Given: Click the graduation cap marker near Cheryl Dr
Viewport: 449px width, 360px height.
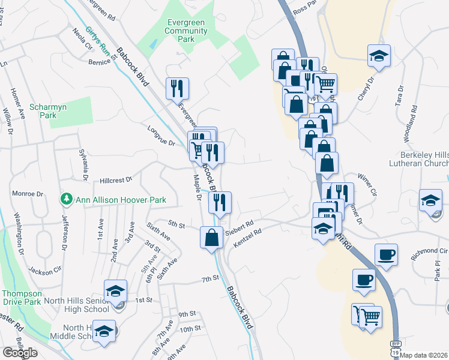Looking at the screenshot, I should [379, 56].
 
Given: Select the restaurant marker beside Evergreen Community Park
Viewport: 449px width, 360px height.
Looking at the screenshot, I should [177, 89].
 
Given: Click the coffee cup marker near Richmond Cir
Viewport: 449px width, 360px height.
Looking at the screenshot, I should [386, 254].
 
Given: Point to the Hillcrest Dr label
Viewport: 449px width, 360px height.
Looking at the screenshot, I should [115, 179].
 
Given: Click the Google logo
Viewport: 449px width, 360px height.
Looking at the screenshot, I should [20, 353].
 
